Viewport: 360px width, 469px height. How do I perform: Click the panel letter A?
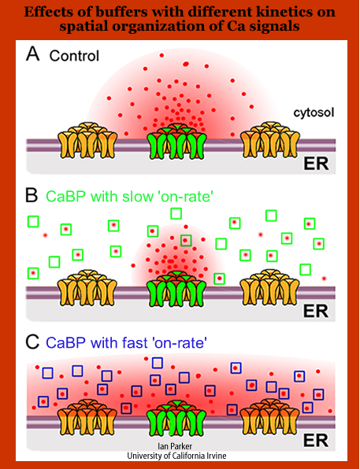[x=33, y=54]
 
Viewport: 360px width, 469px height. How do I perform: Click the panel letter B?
[x=32, y=196]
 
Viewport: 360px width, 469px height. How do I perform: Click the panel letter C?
[x=32, y=342]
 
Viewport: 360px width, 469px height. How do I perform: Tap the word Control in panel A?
[x=74, y=56]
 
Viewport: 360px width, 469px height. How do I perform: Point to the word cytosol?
[x=314, y=113]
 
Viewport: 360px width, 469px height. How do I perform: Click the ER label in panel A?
[x=316, y=164]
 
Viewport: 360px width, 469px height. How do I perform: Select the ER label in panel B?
[x=316, y=311]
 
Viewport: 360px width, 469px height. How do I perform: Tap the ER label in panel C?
[x=316, y=441]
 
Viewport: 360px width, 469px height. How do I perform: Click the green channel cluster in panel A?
[x=177, y=141]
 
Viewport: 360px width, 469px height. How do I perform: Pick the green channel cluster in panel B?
[x=177, y=289]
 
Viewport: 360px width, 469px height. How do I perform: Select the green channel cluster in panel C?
[x=177, y=418]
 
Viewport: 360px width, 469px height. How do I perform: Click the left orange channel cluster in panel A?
[x=87, y=140]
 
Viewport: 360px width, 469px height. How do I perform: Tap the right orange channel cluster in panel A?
[x=270, y=140]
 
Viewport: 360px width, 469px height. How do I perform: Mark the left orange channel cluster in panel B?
[x=87, y=288]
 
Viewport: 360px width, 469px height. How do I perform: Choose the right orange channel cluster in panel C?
[x=270, y=417]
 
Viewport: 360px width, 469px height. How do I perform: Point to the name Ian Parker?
[x=175, y=446]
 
